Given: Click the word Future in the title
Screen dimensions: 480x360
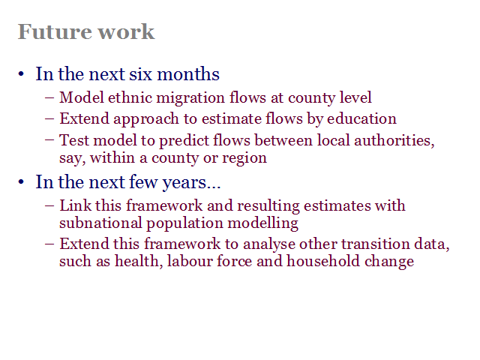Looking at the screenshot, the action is [55, 31].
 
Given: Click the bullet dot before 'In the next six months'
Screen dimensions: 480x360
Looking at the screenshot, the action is [21, 74].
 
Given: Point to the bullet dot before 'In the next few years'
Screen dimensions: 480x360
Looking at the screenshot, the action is [21, 182].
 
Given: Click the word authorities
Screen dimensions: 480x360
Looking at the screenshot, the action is [394, 141].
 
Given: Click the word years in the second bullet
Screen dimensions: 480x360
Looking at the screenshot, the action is [184, 183].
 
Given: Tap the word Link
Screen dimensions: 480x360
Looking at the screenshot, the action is [75, 205].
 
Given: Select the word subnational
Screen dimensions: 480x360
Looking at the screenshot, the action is [100, 223].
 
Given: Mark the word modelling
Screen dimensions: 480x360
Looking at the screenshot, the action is [263, 223].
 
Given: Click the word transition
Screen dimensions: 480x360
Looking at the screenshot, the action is [376, 244].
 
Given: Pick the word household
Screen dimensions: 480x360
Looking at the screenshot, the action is [323, 262].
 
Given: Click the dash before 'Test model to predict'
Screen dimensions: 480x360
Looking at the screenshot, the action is [49, 140].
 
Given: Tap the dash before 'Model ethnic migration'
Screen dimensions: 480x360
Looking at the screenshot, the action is [49, 98].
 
